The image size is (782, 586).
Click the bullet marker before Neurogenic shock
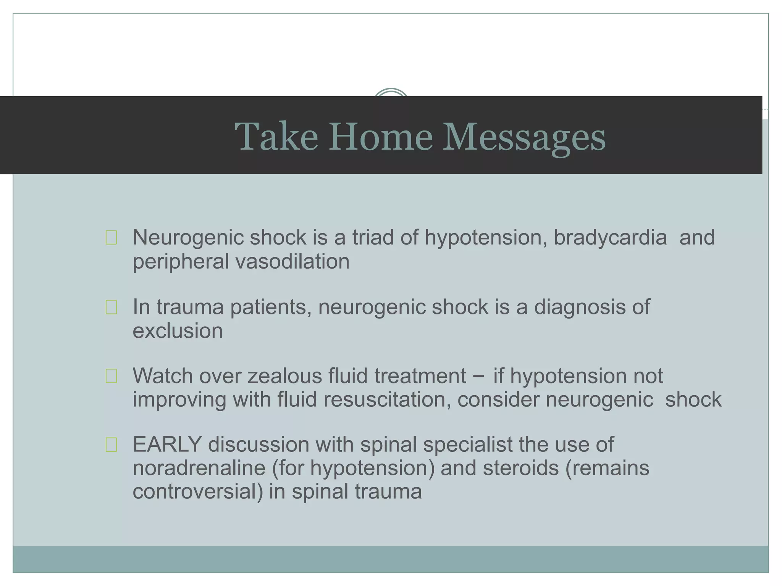pos(111,238)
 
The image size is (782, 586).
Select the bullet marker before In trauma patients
pos(111,307)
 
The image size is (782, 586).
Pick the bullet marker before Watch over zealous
pos(111,376)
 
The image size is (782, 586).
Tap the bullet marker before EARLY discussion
pos(111,445)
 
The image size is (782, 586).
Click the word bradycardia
pos(610,238)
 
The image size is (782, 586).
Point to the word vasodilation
pos(292,262)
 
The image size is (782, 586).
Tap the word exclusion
pos(178,331)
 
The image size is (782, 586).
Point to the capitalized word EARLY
pos(167,445)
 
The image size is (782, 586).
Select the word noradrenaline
pos(199,468)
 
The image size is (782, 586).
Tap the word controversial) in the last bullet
pos(197,491)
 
